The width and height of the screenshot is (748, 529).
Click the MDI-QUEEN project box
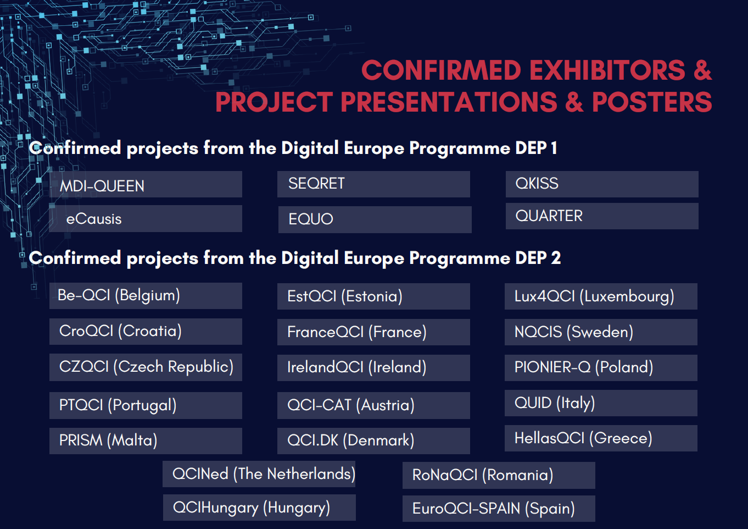click(146, 184)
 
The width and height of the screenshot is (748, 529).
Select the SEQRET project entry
click(373, 184)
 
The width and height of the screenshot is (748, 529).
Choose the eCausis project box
click(146, 219)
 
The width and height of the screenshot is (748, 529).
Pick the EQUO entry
click(375, 219)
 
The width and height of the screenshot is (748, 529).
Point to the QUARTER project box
click(602, 216)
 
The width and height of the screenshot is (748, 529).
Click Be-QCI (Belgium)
click(146, 296)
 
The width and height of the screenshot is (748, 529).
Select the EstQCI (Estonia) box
click(373, 296)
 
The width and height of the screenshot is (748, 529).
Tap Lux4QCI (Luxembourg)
click(601, 296)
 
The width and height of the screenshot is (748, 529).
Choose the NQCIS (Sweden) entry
click(601, 332)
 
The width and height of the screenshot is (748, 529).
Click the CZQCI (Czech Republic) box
click(146, 367)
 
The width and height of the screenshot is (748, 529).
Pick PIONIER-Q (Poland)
click(601, 368)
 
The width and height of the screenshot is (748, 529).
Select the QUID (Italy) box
click(601, 403)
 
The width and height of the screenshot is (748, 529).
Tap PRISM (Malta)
click(146, 440)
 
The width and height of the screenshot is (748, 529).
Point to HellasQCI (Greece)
click(601, 438)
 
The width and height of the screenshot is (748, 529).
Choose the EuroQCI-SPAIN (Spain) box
click(499, 509)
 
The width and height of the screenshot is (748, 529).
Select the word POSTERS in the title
click(652, 102)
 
